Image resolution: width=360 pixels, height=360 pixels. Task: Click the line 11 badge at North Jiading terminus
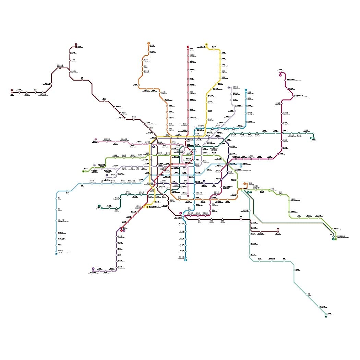pyautogui.click(x=76, y=44)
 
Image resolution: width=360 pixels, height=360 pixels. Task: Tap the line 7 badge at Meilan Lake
pyautogui.click(x=149, y=43)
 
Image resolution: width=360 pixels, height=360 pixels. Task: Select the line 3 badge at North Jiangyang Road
pyautogui.click(x=206, y=44)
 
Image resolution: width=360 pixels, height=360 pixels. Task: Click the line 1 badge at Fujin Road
pyautogui.click(x=188, y=47)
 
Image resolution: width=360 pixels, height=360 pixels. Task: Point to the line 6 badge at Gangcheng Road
pyautogui.click(x=280, y=75)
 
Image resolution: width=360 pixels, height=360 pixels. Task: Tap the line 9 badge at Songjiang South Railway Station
pyautogui.click(x=56, y=254)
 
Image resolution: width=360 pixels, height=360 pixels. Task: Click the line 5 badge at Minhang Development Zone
pyautogui.click(x=93, y=268)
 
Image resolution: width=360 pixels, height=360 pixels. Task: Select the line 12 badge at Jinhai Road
pyautogui.click(x=311, y=138)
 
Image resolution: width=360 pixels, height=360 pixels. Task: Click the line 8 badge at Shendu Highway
pyautogui.click(x=185, y=260)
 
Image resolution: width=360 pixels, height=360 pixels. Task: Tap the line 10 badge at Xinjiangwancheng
pyautogui.click(x=228, y=88)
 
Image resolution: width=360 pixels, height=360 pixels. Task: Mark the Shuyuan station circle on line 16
pyautogui.click(x=306, y=294)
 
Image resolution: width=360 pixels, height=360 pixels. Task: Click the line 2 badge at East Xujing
pyautogui.click(x=83, y=171)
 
